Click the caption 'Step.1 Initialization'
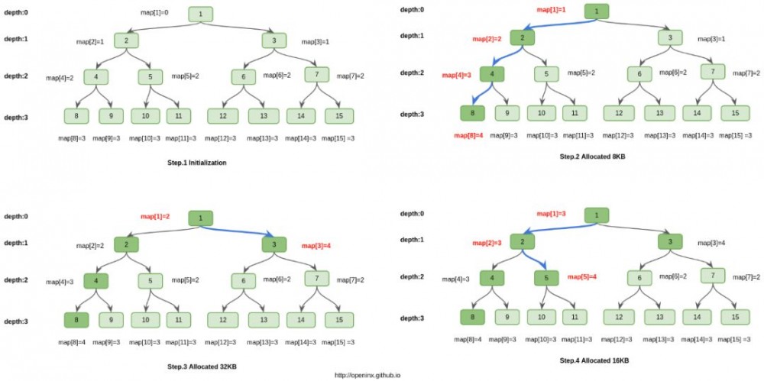click(x=196, y=163)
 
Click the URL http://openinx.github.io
click(x=367, y=375)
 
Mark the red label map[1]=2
click(x=155, y=217)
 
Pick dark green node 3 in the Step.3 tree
click(x=274, y=244)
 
